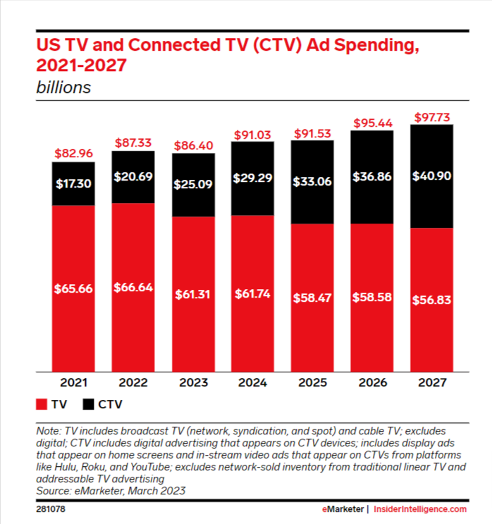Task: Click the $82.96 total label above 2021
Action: tap(73, 153)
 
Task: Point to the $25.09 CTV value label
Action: tap(192, 185)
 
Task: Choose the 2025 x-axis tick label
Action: tap(312, 383)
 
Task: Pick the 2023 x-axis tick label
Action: tap(192, 383)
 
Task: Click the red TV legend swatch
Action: tap(40, 406)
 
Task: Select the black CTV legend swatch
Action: tap(90, 406)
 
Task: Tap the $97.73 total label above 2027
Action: tap(431, 116)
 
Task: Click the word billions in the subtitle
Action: tap(63, 88)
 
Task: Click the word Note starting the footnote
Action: tap(49, 430)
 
